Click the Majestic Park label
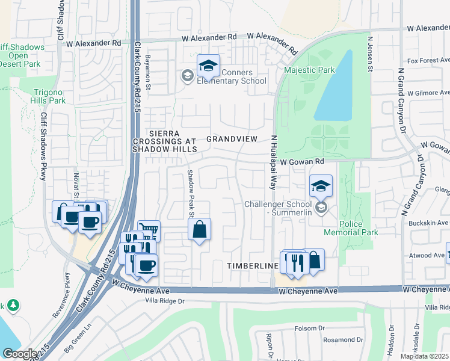coord(309,70)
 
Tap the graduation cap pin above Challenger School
coord(321,186)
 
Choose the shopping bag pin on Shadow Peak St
coord(199,229)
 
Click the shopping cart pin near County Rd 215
coord(149,230)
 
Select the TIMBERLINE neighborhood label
coord(251,265)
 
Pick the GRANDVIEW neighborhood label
coord(232,139)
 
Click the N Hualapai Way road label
coord(273,162)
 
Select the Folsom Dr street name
coord(310,329)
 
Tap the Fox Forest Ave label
coord(428,61)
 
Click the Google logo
coord(20,354)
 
